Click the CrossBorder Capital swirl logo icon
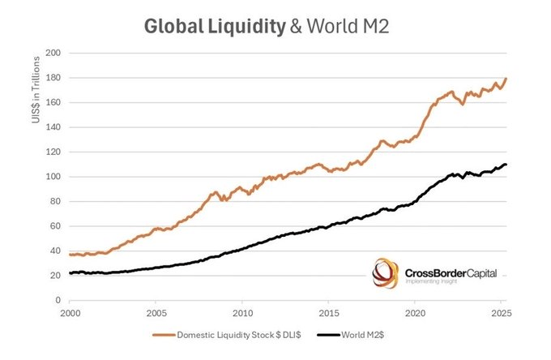click(x=385, y=273)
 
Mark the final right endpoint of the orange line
click(x=506, y=79)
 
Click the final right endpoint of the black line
click(x=506, y=165)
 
